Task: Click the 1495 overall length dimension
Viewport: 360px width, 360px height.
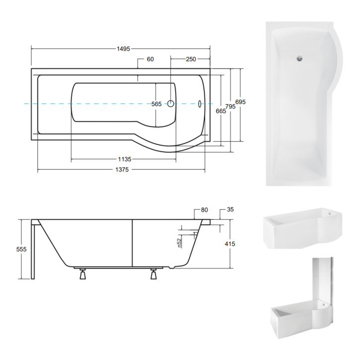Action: tap(123, 49)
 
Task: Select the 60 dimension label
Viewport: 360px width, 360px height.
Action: tap(150, 59)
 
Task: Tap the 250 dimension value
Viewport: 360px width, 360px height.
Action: tap(190, 59)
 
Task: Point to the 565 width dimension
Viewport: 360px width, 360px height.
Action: tap(157, 104)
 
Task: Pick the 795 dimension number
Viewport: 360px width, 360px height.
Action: tap(230, 106)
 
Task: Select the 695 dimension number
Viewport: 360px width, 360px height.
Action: tap(241, 101)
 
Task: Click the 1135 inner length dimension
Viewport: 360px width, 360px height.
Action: tap(124, 159)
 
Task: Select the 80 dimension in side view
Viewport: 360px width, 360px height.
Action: tap(204, 210)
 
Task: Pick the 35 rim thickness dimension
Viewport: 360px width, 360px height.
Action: tap(230, 210)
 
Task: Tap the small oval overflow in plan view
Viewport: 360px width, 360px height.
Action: tap(200, 104)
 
